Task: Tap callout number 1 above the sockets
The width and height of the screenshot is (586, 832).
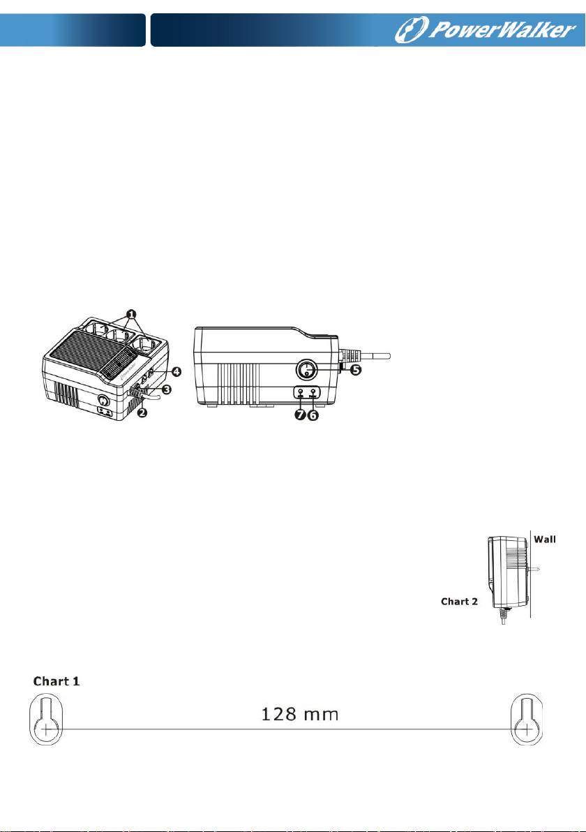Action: pyautogui.click(x=130, y=314)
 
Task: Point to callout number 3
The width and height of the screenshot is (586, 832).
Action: pyautogui.click(x=167, y=389)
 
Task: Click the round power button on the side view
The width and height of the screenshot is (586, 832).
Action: pyautogui.click(x=308, y=369)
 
